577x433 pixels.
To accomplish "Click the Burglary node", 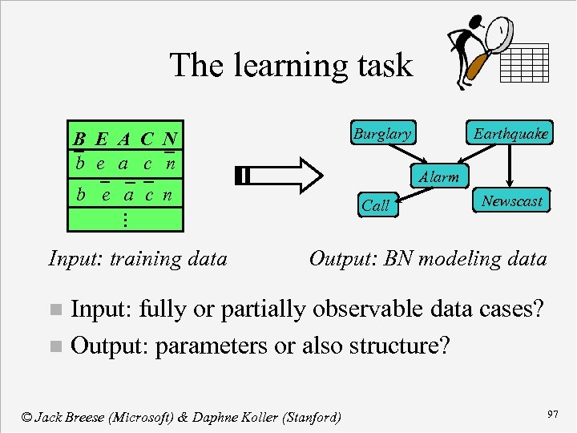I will [381, 134].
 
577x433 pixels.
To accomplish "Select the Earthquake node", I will [510, 134].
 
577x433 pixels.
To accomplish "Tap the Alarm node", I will [438, 177].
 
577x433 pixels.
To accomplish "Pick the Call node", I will [375, 205].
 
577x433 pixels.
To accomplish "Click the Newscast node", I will [511, 201].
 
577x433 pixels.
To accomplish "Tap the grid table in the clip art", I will [524, 63].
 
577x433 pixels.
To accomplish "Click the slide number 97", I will [552, 413].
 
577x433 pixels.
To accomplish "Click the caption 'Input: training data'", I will [138, 258].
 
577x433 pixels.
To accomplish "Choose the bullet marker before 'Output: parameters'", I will [54, 347].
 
